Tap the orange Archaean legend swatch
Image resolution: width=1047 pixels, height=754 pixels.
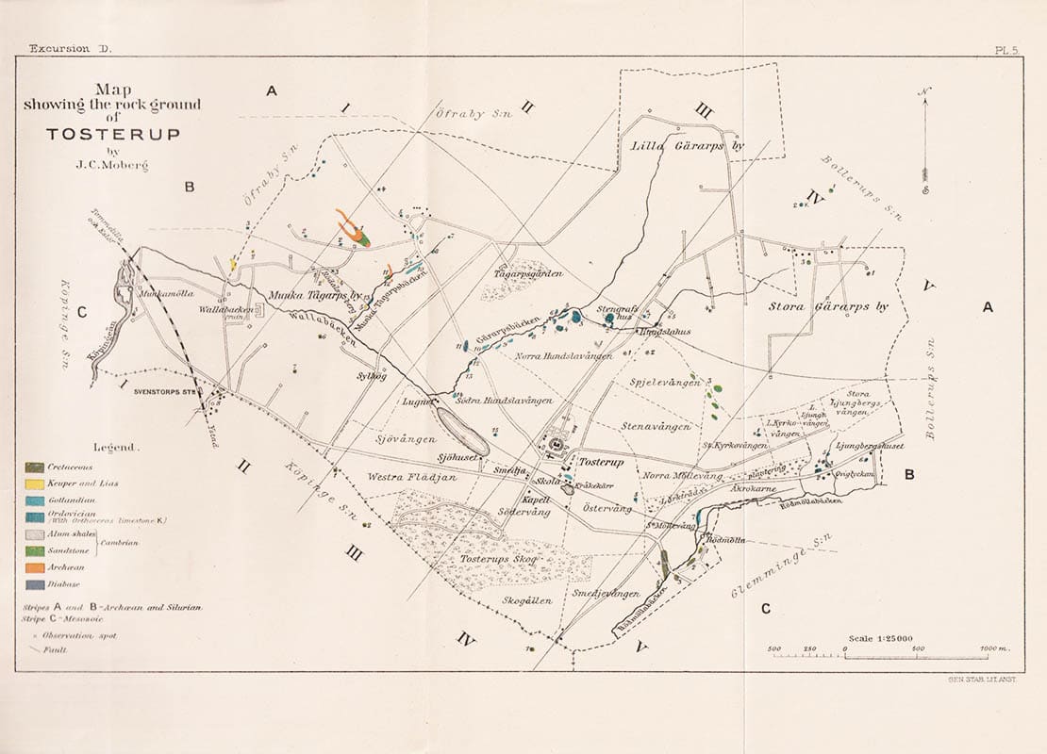tap(35, 567)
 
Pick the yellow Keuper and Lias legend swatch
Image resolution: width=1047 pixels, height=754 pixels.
tap(35, 484)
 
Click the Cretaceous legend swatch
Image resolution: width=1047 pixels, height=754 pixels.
tap(35, 467)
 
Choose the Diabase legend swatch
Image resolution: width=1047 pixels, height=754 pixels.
tap(35, 584)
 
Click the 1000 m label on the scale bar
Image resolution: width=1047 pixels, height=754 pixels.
tap(994, 650)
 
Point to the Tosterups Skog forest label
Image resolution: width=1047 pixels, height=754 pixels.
tap(483, 559)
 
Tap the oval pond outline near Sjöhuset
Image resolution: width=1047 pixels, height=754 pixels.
tap(462, 429)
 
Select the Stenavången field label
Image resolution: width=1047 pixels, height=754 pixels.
tap(656, 427)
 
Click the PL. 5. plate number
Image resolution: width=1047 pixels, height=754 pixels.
tap(1008, 50)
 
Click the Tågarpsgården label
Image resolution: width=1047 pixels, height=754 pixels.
tap(528, 273)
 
